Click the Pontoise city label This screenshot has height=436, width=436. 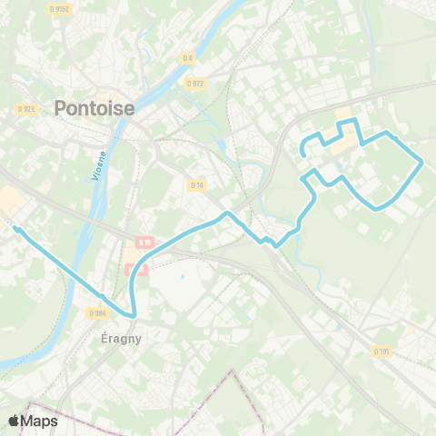coord(94,107)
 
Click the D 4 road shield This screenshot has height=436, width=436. coord(187,58)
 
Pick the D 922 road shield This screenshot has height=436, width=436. coord(194,84)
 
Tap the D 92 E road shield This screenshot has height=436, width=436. coord(25,108)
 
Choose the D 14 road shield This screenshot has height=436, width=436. coord(196,184)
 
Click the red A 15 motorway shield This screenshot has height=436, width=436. coord(145,243)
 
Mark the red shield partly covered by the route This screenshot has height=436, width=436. coord(135,270)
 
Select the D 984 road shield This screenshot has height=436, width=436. coord(98,312)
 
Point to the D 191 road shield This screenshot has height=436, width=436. coord(381,352)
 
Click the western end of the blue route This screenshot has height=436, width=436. coord(15,227)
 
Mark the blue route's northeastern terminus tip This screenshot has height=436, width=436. coord(302,156)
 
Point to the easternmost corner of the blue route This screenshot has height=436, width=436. coord(422,163)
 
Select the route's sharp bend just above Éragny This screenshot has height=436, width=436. coord(133,315)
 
